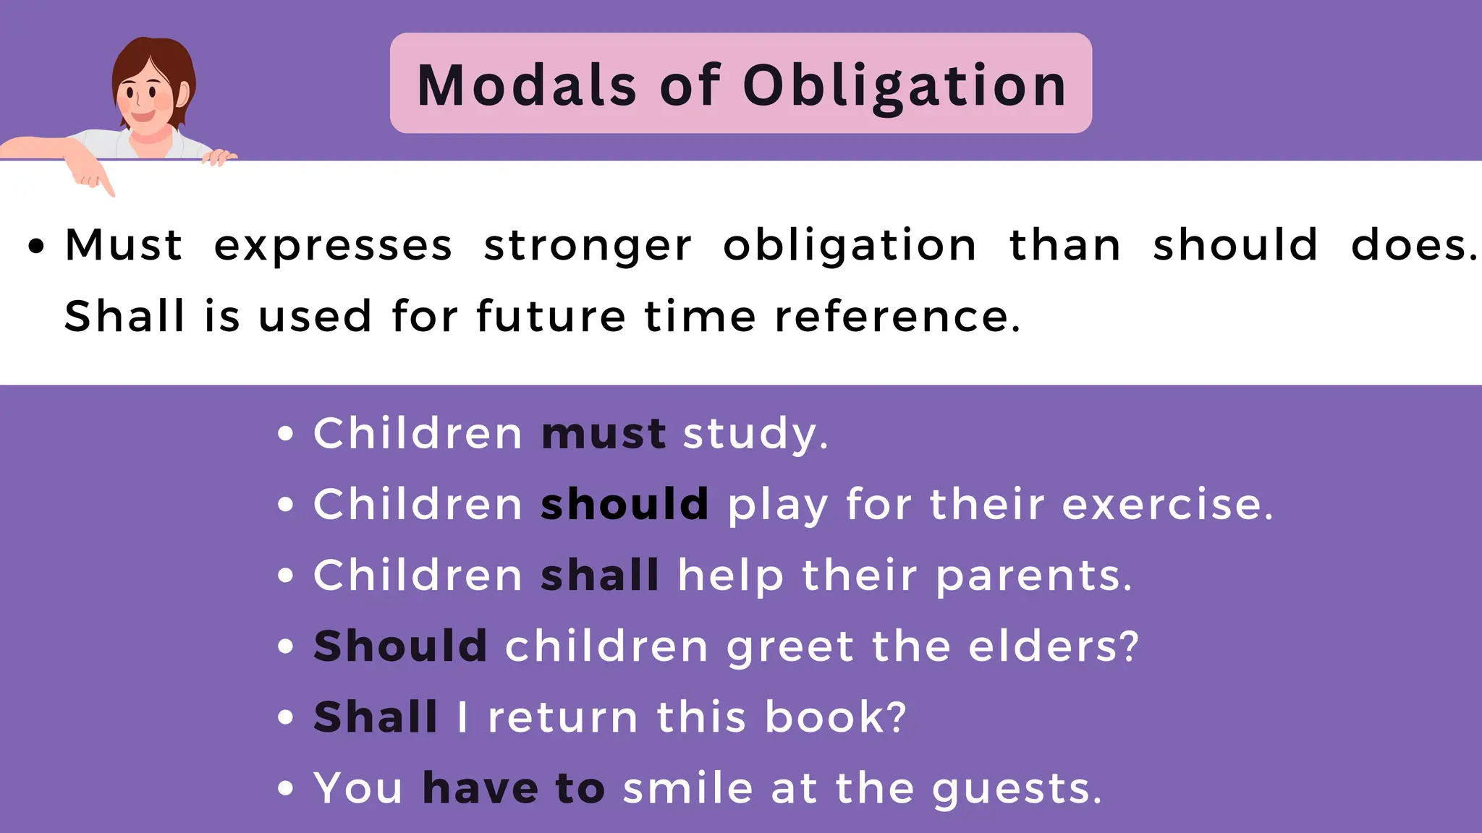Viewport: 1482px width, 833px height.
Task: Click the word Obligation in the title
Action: click(x=905, y=85)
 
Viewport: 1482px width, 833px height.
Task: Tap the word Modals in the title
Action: click(x=528, y=85)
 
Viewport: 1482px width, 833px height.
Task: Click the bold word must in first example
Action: click(x=604, y=434)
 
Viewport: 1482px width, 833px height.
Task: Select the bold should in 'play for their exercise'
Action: click(x=624, y=504)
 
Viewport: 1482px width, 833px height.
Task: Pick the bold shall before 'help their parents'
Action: click(x=600, y=576)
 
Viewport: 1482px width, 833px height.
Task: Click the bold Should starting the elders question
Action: click(x=400, y=646)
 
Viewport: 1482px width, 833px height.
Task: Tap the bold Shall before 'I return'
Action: click(x=376, y=717)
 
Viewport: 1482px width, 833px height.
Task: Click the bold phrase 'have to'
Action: click(x=514, y=787)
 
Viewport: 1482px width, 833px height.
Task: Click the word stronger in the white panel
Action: click(x=588, y=246)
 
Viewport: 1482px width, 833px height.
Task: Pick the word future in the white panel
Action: click(x=551, y=317)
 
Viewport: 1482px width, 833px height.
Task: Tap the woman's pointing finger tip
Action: click(x=111, y=193)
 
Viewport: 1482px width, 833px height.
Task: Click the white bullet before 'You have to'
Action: click(x=286, y=787)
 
